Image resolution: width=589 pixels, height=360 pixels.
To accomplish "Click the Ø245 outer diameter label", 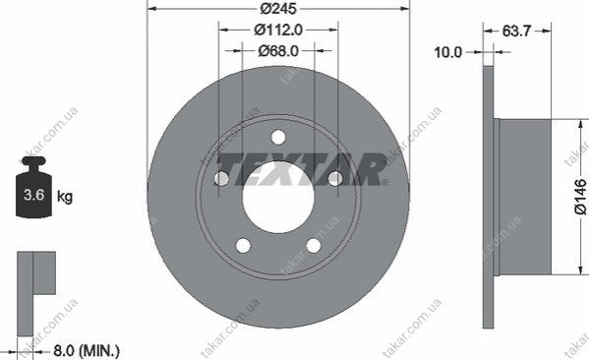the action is point(278,8).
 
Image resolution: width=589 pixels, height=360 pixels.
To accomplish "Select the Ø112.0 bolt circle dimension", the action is point(278,30).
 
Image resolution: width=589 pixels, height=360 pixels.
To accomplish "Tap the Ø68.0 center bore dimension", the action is point(278,51).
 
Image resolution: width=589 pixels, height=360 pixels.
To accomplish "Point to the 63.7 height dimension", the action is point(516,30).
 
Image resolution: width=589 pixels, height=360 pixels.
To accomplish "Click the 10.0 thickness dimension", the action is point(447,52).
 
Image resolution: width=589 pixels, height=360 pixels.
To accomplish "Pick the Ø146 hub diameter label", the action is point(580,197).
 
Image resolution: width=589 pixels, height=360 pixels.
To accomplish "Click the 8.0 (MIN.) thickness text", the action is point(87,351).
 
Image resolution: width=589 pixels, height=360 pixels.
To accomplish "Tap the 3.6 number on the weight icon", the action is point(34,195).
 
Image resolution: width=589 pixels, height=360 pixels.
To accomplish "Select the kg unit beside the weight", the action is point(65,196).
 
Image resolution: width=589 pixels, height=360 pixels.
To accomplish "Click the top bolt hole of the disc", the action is point(278,137).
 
